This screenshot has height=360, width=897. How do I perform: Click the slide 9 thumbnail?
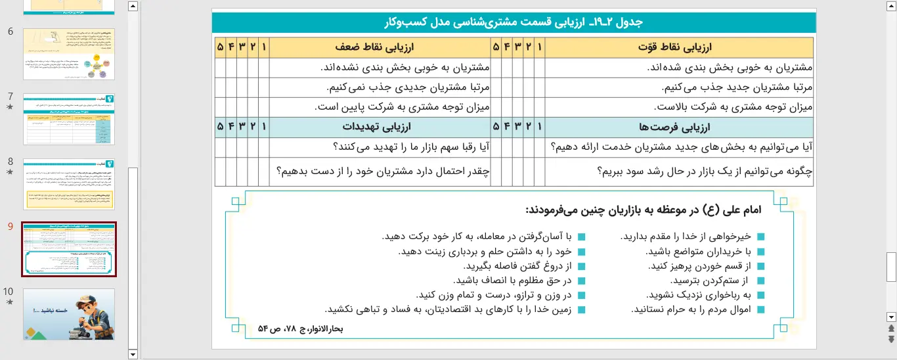[69, 249]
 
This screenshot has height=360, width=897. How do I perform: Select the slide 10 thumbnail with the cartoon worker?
[69, 313]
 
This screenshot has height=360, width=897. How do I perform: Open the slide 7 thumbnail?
[69, 119]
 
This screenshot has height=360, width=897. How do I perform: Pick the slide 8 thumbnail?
[69, 184]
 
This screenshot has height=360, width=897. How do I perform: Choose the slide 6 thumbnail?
[69, 54]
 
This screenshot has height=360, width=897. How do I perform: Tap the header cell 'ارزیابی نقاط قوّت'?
[679, 47]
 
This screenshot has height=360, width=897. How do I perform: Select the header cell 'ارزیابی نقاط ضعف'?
[380, 47]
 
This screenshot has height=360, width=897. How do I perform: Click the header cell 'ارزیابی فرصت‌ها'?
[679, 127]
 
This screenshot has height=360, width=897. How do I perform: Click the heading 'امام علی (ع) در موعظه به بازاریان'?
[643, 210]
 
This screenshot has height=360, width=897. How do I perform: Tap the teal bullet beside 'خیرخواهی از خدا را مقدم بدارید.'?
[761, 237]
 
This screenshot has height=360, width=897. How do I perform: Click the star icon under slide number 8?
[9, 172]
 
